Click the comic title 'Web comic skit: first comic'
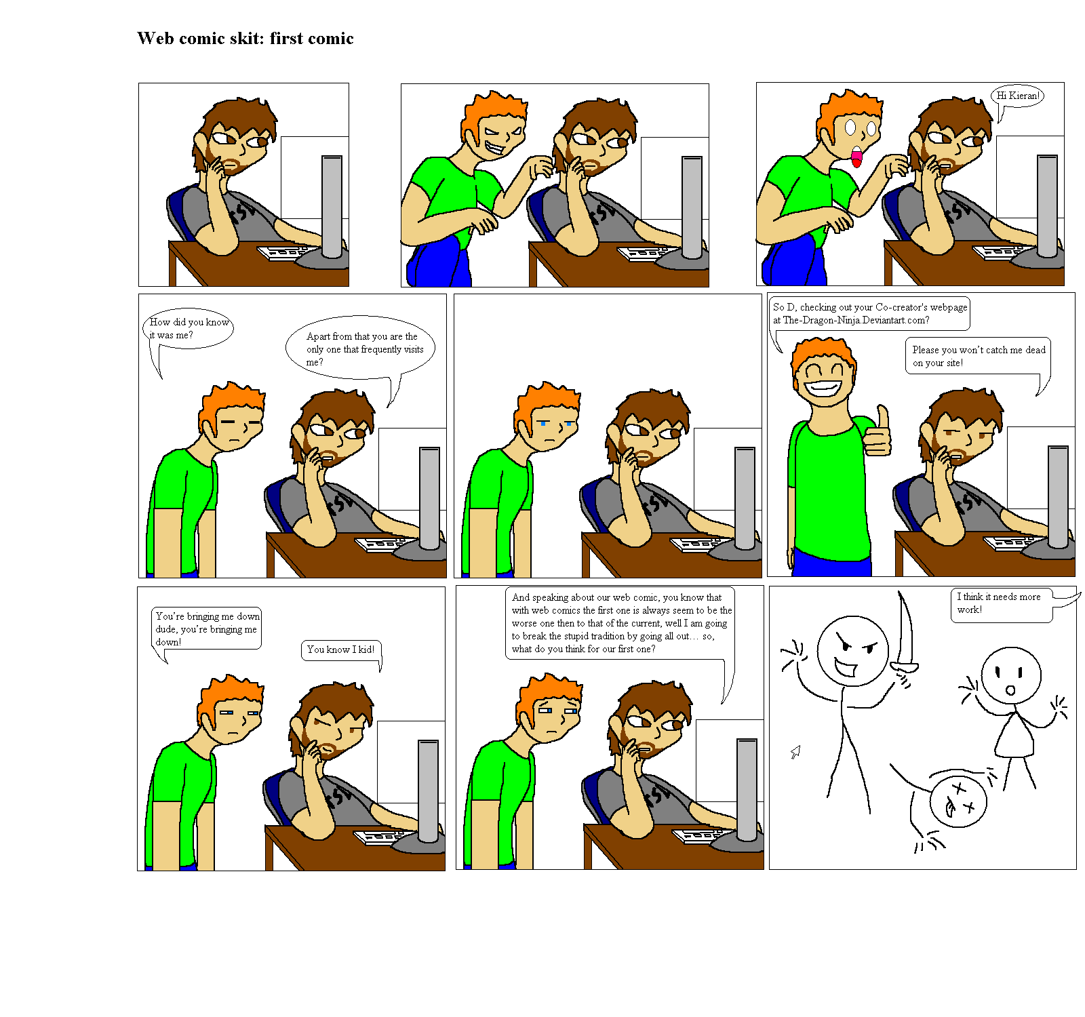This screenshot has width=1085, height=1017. pos(245,39)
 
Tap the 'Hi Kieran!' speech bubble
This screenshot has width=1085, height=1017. pos(1017,96)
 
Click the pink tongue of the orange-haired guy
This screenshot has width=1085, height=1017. pos(856,159)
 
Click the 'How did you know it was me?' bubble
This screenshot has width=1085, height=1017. pos(189,329)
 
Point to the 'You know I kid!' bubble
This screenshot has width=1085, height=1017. pos(340,650)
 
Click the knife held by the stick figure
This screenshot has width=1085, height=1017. pos(905,634)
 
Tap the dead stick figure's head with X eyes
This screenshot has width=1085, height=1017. pos(958,801)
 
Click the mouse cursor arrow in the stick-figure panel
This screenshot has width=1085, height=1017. pos(795,752)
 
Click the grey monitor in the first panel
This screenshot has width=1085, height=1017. pos(332,207)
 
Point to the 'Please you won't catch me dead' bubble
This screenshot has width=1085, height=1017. pos(977,356)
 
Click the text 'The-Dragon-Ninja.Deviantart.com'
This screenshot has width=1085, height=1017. pos(856,320)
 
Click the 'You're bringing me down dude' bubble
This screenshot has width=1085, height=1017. pos(206,629)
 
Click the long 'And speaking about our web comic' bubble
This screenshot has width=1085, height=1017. pos(620,622)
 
